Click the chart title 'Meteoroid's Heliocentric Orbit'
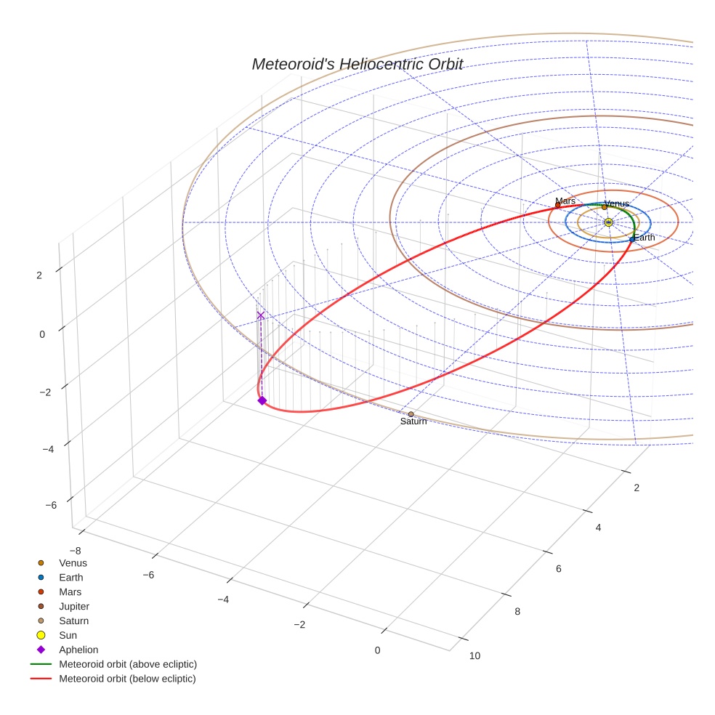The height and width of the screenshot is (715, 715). pos(357,65)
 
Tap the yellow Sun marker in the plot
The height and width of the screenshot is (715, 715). pos(608,222)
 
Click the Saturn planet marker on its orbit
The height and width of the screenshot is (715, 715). pos(411,414)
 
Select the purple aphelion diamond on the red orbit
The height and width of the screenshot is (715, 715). pos(262,400)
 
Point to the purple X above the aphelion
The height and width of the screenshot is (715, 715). pos(261,315)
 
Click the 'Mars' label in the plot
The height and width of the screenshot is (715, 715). pos(565,201)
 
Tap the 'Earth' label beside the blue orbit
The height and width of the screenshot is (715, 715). pos(644,238)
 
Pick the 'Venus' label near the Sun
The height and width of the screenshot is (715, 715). pos(617,203)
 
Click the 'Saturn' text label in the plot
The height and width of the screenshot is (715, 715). pos(413,422)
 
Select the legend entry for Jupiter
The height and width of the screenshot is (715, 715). pos(74,606)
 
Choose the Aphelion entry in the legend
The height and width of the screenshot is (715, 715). pos(78,650)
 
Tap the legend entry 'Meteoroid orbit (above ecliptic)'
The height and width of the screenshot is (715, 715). pos(128,664)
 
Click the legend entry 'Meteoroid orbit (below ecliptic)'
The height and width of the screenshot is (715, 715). pos(127,679)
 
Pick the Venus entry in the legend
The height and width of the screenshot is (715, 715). pos(73,562)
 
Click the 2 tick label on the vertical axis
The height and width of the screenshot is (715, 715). pos(40,275)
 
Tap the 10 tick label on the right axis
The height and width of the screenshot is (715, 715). pos(474,656)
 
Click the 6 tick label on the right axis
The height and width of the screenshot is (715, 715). pos(559,568)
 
